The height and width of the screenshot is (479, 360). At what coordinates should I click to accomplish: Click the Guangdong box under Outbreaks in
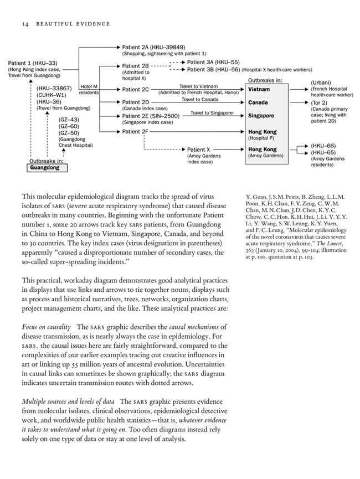click(48, 168)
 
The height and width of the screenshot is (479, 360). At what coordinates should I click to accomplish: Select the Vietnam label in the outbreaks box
click(259, 89)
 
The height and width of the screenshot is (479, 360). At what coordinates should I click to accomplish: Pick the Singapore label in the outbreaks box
click(261, 116)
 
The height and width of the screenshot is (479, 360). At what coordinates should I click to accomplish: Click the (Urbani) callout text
click(321, 82)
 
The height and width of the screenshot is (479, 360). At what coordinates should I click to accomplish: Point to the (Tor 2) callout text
click(319, 102)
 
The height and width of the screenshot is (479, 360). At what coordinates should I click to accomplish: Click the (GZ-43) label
click(69, 119)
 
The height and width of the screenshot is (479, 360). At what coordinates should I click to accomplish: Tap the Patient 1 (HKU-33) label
click(33, 63)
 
